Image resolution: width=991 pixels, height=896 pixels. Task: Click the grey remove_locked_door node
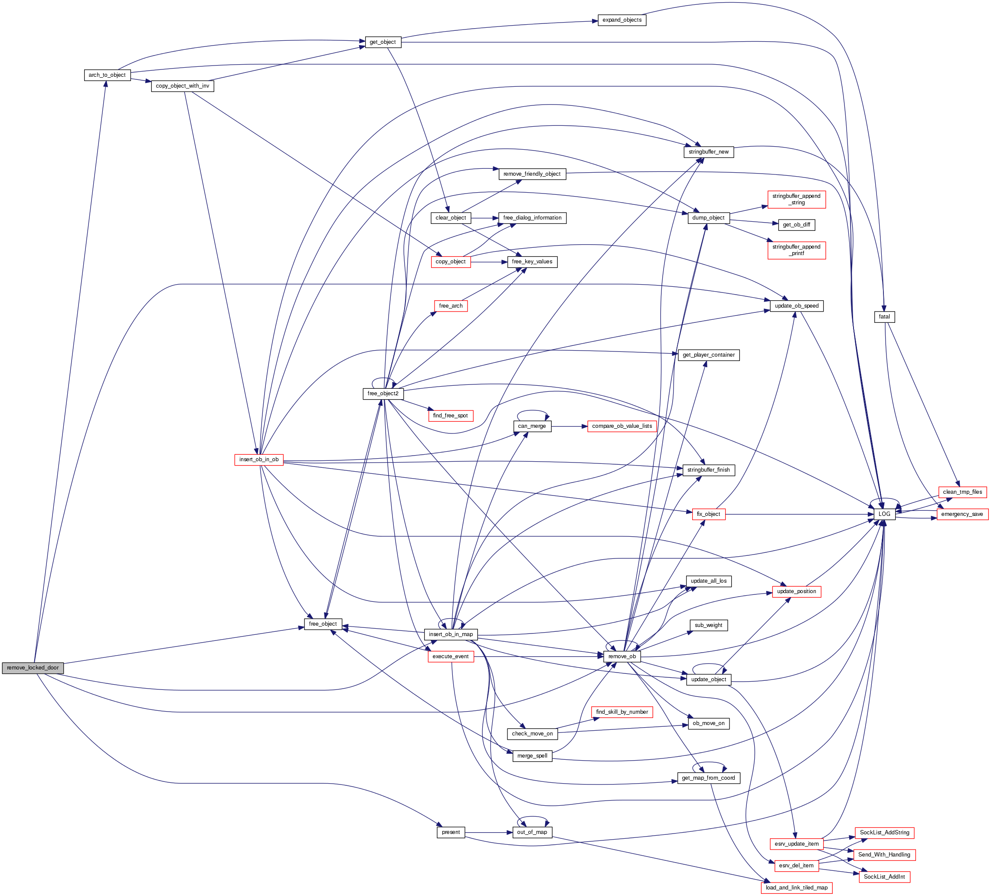(33, 668)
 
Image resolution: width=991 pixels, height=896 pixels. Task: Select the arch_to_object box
(107, 75)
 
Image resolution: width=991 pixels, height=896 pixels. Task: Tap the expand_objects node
(622, 20)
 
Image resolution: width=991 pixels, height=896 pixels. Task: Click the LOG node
(884, 514)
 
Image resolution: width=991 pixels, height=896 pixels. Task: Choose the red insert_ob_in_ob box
(259, 460)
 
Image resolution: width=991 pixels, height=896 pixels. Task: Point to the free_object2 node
(383, 394)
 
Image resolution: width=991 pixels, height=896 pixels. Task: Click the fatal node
(884, 317)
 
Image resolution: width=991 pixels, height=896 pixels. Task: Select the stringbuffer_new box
(708, 152)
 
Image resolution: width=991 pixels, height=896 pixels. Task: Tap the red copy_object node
(450, 262)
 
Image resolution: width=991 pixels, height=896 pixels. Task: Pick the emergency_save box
(962, 514)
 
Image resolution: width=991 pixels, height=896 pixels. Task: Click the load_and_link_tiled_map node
(796, 888)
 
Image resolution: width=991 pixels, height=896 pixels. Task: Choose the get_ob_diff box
(796, 225)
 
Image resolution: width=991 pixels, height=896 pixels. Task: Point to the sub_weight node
(708, 625)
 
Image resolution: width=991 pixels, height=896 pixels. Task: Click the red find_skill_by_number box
(622, 712)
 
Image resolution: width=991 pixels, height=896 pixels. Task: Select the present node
(451, 832)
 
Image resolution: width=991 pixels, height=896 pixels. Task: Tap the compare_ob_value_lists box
(622, 426)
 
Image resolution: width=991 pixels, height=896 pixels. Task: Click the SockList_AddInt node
(884, 877)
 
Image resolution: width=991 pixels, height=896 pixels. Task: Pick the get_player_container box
(708, 355)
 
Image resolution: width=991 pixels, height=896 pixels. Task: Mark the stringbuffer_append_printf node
(796, 250)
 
